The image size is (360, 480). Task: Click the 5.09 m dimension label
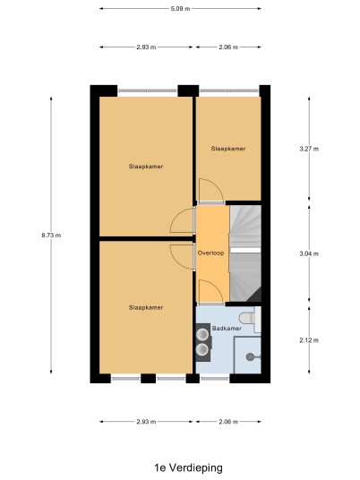point(180,9)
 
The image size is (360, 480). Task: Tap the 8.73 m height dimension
point(51,236)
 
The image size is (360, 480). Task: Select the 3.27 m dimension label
point(309,149)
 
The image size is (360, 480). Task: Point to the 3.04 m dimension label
point(309,253)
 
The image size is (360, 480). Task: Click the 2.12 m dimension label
point(309,340)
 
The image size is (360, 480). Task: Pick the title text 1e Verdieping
point(188,467)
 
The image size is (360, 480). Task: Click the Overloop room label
point(210,253)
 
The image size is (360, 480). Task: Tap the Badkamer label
point(227,328)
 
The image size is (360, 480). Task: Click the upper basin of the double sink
point(202,334)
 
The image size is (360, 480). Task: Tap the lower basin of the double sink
point(202,349)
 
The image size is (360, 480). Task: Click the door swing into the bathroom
point(211,291)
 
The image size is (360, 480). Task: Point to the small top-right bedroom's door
point(211,191)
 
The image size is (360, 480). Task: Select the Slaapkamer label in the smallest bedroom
point(228,149)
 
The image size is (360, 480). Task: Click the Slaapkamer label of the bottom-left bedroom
point(146,307)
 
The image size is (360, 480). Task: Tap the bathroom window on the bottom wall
point(215,379)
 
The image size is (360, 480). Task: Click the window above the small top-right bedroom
point(229,90)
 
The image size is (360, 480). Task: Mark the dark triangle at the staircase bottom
point(254,295)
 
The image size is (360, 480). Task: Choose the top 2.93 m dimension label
point(146,47)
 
